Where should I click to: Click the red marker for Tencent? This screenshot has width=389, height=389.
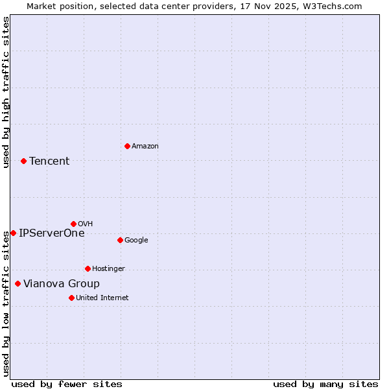(x=23, y=161)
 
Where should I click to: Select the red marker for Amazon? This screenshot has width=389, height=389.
(x=127, y=146)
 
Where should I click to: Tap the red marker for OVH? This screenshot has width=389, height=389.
(x=73, y=224)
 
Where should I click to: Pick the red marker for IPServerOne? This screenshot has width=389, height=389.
(x=13, y=233)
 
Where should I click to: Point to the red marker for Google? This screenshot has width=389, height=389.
(x=120, y=240)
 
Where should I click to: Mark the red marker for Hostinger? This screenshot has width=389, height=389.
(x=88, y=268)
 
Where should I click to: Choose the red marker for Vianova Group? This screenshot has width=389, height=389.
(x=18, y=283)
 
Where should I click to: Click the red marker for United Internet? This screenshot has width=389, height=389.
(x=71, y=298)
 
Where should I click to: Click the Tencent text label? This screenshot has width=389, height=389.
(x=49, y=161)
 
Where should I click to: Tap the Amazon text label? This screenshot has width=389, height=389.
(x=145, y=147)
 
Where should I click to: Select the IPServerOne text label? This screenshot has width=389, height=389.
(x=52, y=233)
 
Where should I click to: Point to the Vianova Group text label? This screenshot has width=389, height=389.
(x=62, y=284)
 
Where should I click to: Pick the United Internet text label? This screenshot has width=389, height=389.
(x=102, y=298)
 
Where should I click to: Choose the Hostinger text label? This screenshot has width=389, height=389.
(x=109, y=269)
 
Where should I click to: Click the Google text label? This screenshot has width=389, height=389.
(x=136, y=241)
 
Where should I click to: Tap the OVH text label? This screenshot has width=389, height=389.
(x=86, y=224)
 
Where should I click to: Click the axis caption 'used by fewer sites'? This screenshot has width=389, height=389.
(x=67, y=384)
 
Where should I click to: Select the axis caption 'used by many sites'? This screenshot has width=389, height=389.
(x=325, y=384)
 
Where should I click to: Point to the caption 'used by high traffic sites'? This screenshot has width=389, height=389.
(x=6, y=92)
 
